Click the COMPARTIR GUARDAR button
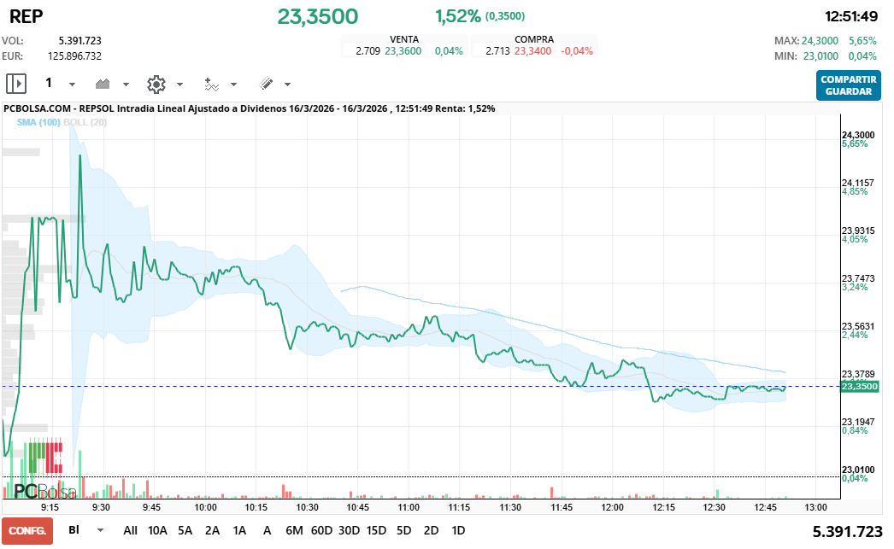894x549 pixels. (x=848, y=85)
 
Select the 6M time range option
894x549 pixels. (x=294, y=530)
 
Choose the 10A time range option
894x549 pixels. (x=157, y=530)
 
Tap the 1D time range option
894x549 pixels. (x=458, y=530)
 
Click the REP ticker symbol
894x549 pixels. (x=26, y=16)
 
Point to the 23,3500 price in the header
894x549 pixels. (x=317, y=16)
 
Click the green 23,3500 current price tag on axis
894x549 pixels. (x=859, y=387)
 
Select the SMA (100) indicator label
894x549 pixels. (x=38, y=123)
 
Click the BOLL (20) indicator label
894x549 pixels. (x=85, y=123)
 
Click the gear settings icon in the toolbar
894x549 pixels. (x=156, y=84)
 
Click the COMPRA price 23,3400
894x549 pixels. (x=532, y=51)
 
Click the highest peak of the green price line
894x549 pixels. (x=80, y=156)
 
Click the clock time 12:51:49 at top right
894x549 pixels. (x=851, y=16)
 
